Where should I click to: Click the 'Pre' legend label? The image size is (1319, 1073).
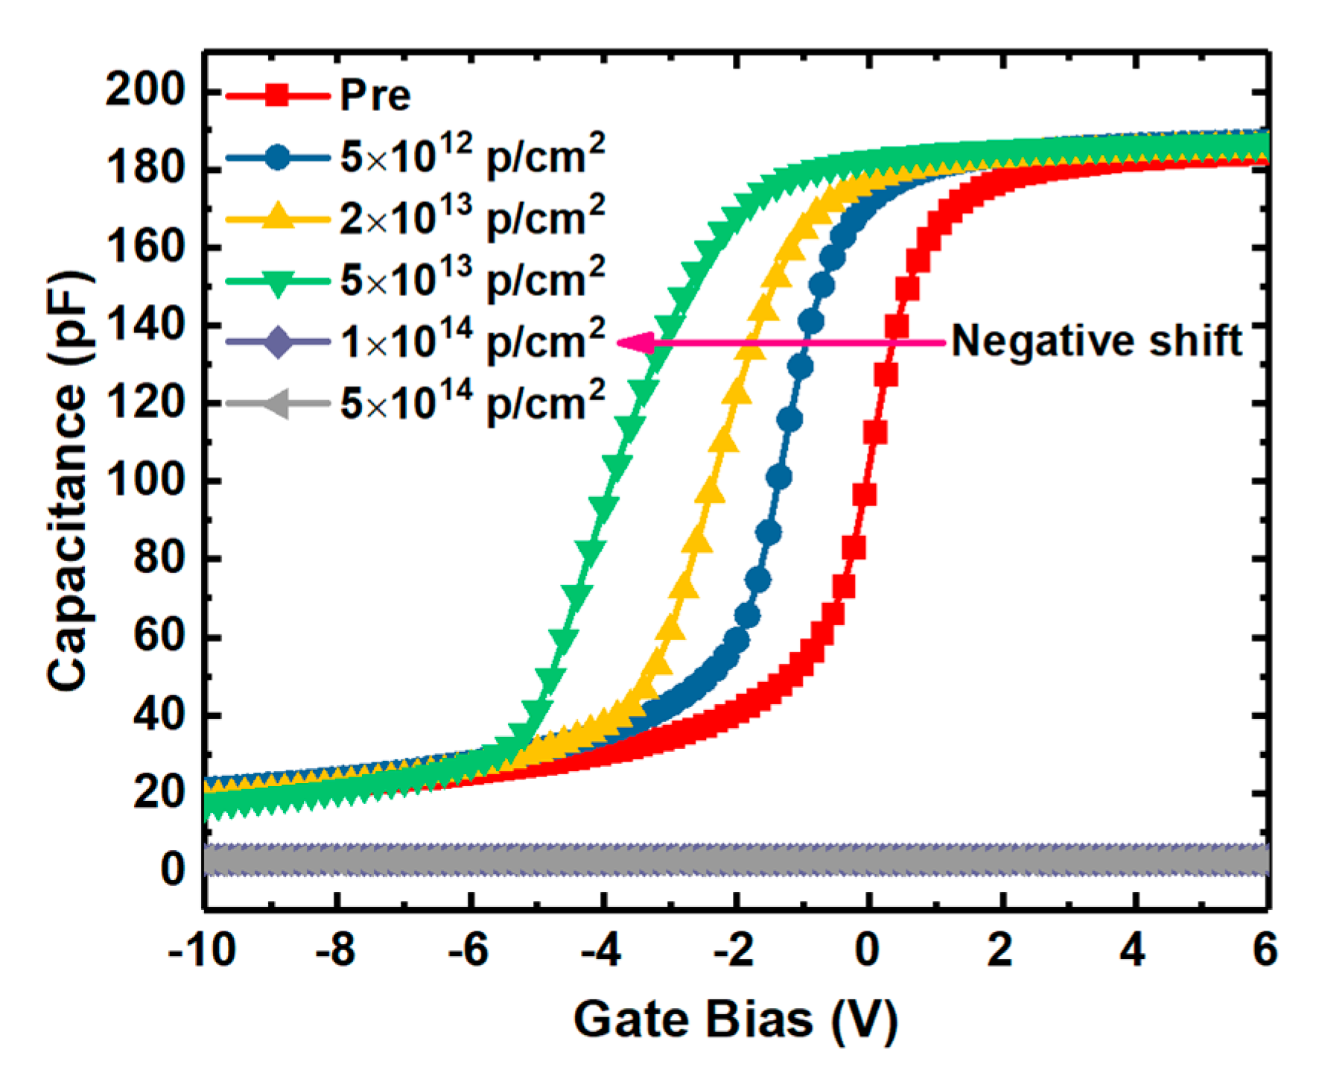pos(375,95)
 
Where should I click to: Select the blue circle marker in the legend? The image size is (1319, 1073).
pos(277,157)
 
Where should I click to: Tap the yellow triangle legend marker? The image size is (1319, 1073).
pos(277,217)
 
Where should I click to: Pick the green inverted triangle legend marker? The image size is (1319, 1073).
pos(277,282)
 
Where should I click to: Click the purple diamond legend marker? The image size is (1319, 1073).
pos(277,342)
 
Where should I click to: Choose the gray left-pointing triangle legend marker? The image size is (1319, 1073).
pos(277,404)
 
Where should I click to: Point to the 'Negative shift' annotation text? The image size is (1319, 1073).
pos(1097,341)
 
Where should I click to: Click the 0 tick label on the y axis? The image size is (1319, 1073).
pos(172,869)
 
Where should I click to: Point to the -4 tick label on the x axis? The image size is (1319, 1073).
pos(601,951)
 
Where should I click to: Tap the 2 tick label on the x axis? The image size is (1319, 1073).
pos(999,951)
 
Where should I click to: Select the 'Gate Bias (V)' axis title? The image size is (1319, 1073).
pos(735,1019)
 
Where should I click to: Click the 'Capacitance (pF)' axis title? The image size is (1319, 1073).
pos(69,481)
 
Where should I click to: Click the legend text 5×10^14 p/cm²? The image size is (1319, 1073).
pos(472,402)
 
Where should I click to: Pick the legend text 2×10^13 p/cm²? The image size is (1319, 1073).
pos(472,217)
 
